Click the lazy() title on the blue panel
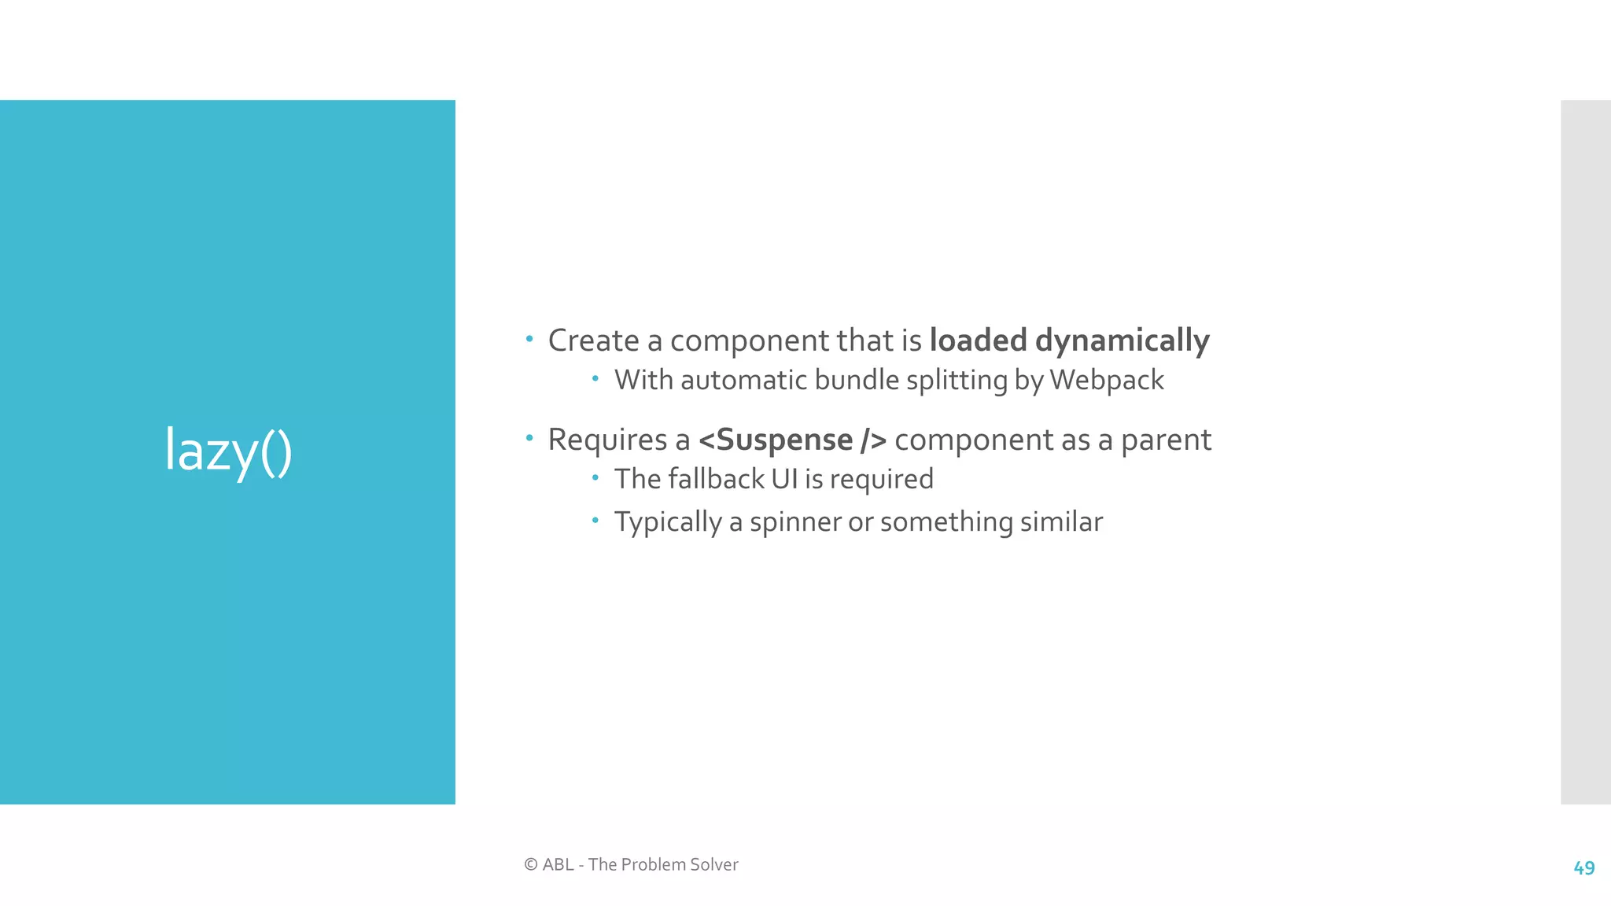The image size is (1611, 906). pos(228,451)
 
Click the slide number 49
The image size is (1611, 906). pos(1583,868)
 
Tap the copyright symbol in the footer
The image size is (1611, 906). pos(531,864)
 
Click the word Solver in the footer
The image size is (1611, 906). pos(714,864)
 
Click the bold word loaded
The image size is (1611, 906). pos(978,341)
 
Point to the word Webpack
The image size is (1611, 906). pos(1106,381)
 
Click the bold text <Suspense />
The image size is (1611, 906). pos(792,440)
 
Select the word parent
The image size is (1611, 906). pos(1166,440)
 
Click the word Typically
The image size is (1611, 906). pos(668,523)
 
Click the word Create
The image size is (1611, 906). pos(593,341)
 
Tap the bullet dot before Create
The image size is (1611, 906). pos(529,340)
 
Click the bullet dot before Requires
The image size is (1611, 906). pos(529,438)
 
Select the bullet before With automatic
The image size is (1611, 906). pos(595,379)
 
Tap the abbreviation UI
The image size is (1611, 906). pos(784,479)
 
